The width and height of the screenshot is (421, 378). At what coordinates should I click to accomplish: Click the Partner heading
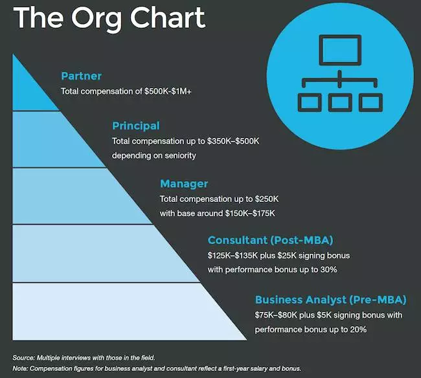click(x=82, y=76)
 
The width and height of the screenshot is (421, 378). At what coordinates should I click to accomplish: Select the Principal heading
click(x=136, y=126)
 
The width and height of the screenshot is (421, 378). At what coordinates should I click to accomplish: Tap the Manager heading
click(x=184, y=184)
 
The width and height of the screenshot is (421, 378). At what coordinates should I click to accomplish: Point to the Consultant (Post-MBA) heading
click(x=270, y=240)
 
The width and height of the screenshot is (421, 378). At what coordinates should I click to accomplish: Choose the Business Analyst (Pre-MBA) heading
click(x=331, y=300)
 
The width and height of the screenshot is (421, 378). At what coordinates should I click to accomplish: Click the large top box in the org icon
click(x=340, y=50)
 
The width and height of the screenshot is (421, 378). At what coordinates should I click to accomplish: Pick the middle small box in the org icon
click(x=340, y=102)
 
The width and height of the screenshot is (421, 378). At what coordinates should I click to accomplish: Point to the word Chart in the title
click(x=168, y=18)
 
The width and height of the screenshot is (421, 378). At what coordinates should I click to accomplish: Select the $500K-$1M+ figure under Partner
click(x=168, y=91)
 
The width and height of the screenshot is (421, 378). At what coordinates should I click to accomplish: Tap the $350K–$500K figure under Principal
click(x=233, y=141)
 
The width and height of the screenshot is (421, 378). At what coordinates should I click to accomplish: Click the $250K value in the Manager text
click(x=267, y=199)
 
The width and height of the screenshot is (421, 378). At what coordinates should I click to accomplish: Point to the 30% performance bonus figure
click(x=328, y=269)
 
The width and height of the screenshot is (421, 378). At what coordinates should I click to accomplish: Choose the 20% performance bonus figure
click(x=358, y=329)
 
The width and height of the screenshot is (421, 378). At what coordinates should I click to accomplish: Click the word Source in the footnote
click(x=23, y=358)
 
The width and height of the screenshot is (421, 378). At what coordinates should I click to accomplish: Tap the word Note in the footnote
click(x=20, y=368)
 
